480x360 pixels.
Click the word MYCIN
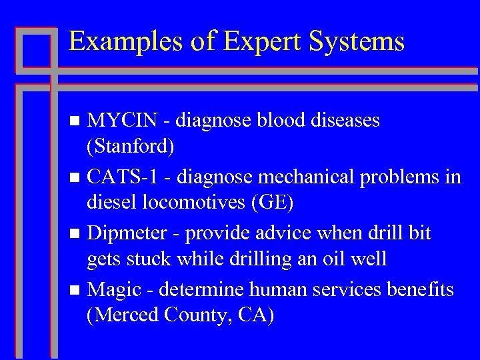point(123,121)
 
